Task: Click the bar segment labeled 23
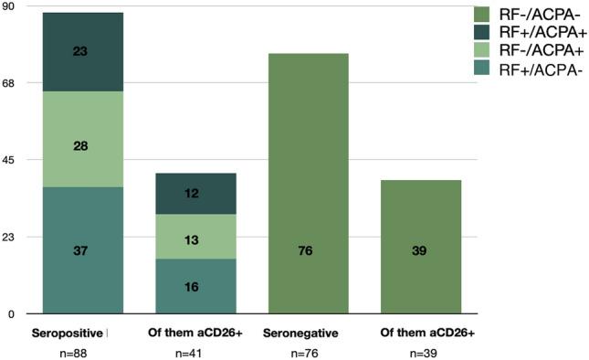[x=82, y=52]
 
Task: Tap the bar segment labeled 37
[x=82, y=250]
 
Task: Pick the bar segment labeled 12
[x=195, y=194]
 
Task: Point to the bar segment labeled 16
[x=195, y=286]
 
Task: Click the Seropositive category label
[x=68, y=333]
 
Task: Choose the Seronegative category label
[x=301, y=333]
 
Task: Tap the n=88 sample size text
[x=72, y=352]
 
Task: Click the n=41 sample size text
[x=195, y=352]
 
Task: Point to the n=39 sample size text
[x=427, y=352]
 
